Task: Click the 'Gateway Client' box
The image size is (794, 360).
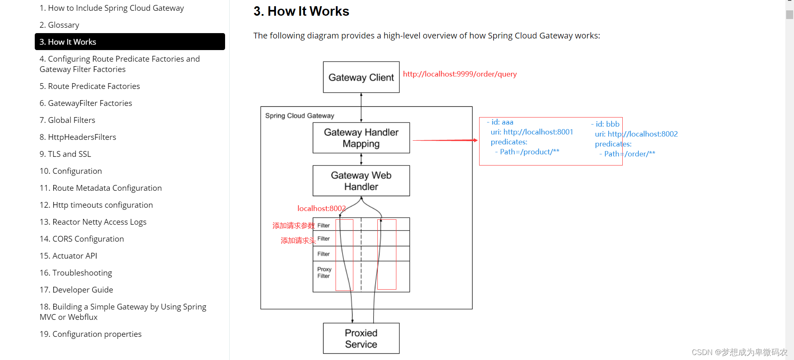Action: tap(361, 77)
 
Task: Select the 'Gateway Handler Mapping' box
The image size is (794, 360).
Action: tap(361, 138)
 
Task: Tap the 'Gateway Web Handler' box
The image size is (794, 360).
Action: tap(361, 181)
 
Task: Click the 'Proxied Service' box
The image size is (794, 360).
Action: tap(361, 338)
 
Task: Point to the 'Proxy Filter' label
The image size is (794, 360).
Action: tap(324, 273)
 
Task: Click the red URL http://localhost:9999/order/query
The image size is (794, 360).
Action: tap(460, 74)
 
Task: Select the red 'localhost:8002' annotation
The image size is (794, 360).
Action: tap(321, 209)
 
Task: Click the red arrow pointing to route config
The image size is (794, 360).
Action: tap(445, 141)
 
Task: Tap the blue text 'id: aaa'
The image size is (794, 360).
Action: tap(502, 122)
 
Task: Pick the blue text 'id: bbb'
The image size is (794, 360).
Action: tap(607, 124)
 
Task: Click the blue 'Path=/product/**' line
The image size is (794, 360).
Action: tap(529, 152)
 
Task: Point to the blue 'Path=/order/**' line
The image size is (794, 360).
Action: tap(629, 154)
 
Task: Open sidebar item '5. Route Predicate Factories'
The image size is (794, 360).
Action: tap(90, 86)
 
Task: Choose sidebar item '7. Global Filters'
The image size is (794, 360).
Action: tap(67, 120)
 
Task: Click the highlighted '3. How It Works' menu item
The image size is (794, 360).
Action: tap(130, 42)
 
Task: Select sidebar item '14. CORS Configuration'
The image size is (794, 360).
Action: tap(82, 239)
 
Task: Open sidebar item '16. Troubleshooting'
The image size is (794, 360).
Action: tap(76, 273)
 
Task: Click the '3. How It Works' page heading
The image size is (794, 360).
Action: tap(301, 11)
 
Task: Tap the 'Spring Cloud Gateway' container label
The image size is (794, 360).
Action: tap(300, 116)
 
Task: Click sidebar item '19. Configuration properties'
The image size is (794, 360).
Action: tap(91, 334)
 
